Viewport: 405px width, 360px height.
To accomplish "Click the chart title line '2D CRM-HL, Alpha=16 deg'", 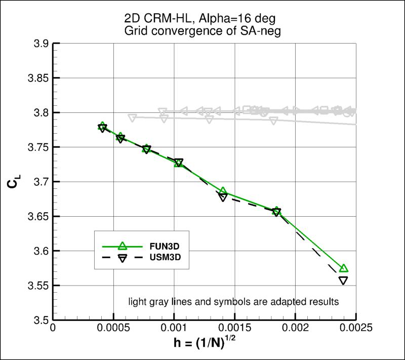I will [205, 19].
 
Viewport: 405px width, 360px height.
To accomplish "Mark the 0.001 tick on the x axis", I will [174, 328].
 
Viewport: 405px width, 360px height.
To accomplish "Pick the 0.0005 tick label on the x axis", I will [113, 328].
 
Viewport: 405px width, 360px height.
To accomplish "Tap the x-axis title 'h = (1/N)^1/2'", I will [205, 344].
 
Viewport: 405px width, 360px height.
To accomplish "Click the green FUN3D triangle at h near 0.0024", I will [344, 268].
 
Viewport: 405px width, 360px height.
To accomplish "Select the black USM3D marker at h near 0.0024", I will [343, 281].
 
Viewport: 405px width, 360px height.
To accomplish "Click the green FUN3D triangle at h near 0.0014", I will [223, 191].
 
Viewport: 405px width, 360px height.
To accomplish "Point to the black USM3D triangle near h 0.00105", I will [179, 163].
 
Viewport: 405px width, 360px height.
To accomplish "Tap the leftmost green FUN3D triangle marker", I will [102, 126].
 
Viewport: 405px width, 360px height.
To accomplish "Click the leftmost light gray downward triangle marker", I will [133, 118].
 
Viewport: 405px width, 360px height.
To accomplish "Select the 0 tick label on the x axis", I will [53, 328].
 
